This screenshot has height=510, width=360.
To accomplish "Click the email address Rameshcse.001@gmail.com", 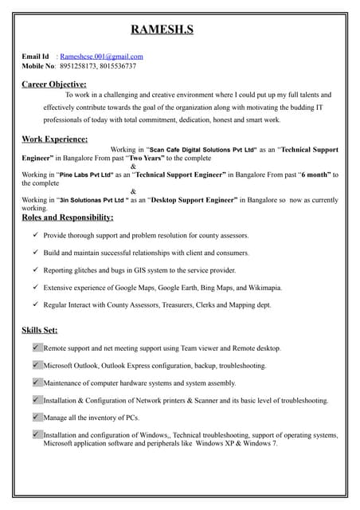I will [102, 57].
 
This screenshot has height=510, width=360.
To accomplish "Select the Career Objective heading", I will [54, 84].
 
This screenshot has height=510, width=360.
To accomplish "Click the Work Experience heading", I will [54, 139].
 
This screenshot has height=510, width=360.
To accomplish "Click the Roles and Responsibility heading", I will [68, 217].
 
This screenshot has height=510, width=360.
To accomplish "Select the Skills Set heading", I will [40, 329].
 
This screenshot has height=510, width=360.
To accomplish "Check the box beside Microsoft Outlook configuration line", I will [37, 365].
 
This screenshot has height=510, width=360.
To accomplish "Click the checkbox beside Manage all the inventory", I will [37, 417].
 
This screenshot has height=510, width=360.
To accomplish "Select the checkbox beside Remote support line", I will [37, 347].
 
